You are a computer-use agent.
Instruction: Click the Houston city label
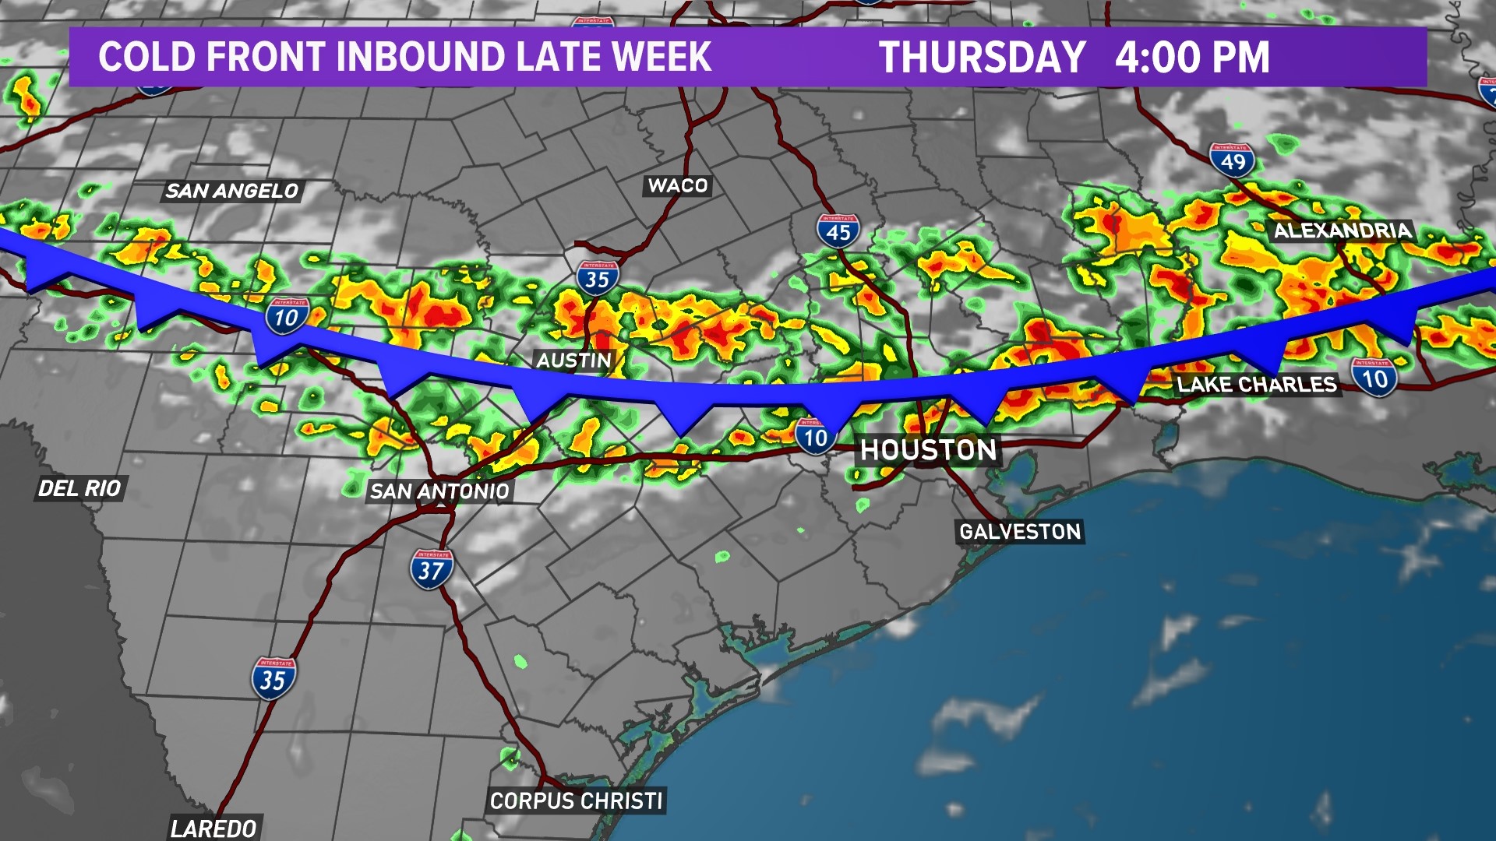(928, 450)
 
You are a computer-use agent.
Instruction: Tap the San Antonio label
(439, 491)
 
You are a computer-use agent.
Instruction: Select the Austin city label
(574, 361)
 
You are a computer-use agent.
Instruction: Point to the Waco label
(678, 185)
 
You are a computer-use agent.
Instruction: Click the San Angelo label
(232, 191)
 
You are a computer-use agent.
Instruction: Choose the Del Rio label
(80, 488)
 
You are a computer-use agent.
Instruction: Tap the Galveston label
(1020, 532)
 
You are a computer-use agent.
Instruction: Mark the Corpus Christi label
(577, 801)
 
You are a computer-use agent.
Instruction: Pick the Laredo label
(213, 829)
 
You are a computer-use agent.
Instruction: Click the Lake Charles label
(1257, 384)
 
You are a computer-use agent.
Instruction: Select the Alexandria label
(1343, 230)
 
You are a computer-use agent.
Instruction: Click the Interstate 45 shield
(838, 231)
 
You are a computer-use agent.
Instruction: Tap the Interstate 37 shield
(431, 569)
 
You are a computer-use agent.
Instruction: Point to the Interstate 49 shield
(1233, 160)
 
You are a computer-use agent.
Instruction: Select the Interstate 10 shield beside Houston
(815, 437)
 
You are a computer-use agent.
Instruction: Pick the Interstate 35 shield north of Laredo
(273, 678)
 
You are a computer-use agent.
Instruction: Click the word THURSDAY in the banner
(982, 58)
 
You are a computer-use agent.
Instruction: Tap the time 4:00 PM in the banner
(1192, 58)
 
